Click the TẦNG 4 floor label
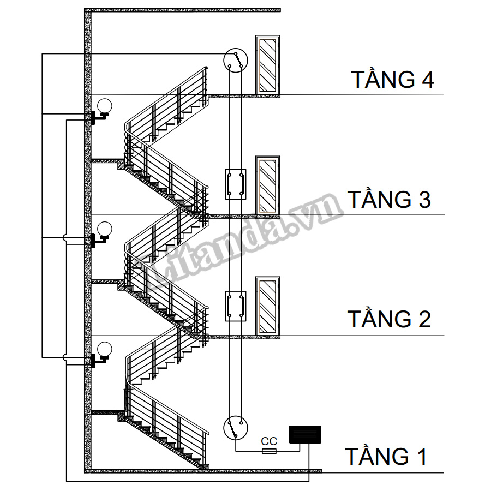[392, 80]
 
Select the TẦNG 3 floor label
[390, 200]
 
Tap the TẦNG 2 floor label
[390, 319]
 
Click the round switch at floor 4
[236, 60]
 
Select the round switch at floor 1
[236, 427]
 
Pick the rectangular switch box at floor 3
[236, 184]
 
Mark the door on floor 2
[267, 306]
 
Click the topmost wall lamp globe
[104, 106]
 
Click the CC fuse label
[269, 441]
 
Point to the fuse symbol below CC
[269, 451]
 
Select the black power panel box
[304, 434]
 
